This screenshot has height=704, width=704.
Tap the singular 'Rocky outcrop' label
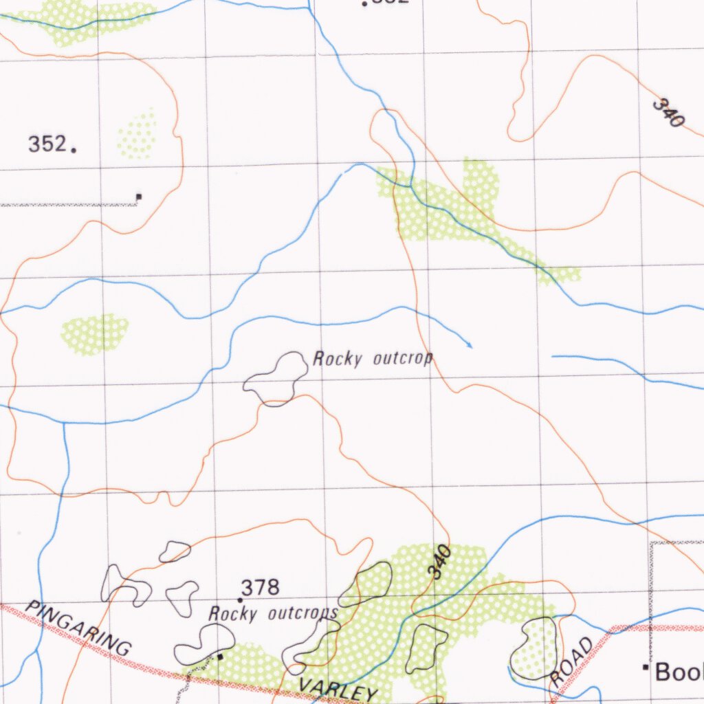[x=373, y=359]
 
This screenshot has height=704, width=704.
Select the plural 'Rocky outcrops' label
[x=273, y=613]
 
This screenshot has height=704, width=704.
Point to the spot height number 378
[x=261, y=588]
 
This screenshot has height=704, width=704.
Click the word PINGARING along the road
[x=78, y=628]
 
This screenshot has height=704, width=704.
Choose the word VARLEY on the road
[x=338, y=687]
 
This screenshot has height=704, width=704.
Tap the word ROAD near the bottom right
[x=571, y=661]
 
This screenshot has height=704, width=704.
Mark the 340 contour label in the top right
[x=668, y=113]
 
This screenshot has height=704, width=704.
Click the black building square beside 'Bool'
[x=646, y=667]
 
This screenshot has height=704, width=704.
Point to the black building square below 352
[x=139, y=197]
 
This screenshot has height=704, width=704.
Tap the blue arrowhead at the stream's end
[x=470, y=344]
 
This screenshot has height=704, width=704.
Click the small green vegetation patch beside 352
[x=137, y=134]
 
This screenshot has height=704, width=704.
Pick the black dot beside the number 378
[x=240, y=600]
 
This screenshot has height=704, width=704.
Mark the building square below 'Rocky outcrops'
[x=219, y=657]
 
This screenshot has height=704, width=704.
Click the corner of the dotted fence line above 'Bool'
[x=652, y=543]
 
